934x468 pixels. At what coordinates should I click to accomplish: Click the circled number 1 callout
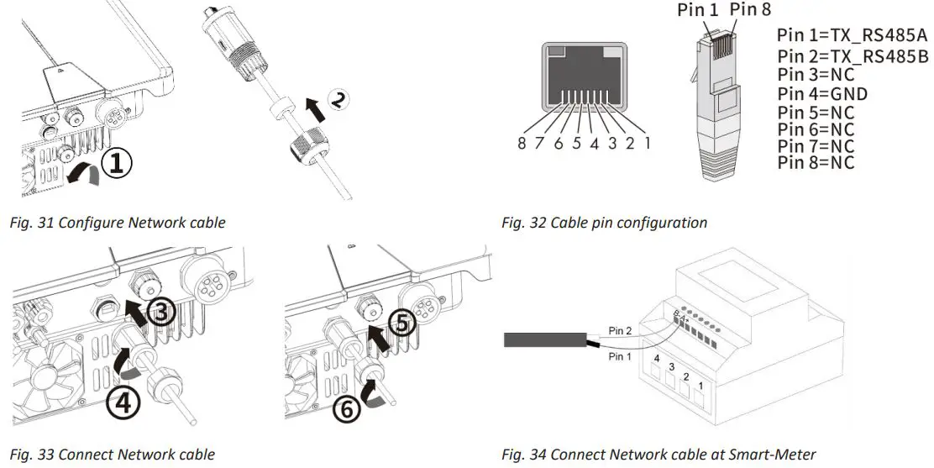(x=117, y=163)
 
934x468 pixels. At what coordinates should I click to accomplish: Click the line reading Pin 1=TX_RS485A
(x=852, y=38)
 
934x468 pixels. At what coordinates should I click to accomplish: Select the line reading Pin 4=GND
(x=822, y=93)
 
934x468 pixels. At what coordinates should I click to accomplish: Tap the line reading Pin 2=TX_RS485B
(x=852, y=56)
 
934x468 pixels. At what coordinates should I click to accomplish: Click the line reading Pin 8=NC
(x=816, y=163)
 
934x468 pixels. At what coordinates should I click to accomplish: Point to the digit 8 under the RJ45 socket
(x=522, y=143)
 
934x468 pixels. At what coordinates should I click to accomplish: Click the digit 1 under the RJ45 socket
(x=648, y=143)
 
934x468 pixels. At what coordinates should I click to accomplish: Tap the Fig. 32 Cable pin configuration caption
(x=604, y=223)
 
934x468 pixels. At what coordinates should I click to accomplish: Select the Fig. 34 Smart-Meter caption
(x=659, y=455)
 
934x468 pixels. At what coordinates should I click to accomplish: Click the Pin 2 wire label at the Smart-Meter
(x=620, y=331)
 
